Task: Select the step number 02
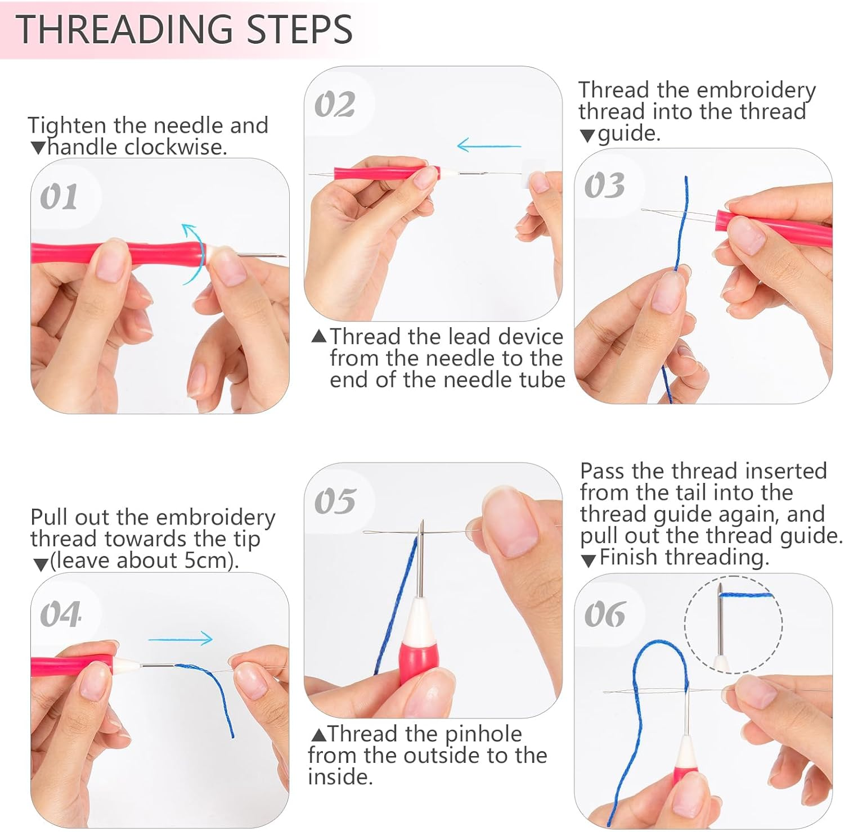[334, 105]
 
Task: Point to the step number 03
[604, 186]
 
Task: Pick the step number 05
[335, 501]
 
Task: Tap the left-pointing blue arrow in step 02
[488, 146]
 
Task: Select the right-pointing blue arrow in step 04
[181, 639]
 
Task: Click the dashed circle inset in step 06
[733, 624]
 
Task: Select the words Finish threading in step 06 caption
[684, 558]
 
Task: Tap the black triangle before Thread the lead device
[318, 336]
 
